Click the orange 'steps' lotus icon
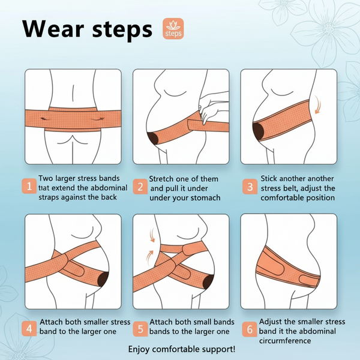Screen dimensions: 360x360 (x=173, y=29)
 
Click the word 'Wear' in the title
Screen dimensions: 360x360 (x=53, y=29)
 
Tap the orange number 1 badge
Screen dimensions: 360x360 (x=29, y=186)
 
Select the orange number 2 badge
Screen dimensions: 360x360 (x=140, y=187)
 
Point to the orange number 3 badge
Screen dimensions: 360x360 (x=250, y=187)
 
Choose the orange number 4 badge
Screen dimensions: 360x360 (x=29, y=329)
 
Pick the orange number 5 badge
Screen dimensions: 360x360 (x=140, y=329)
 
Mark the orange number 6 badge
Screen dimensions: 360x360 (x=250, y=329)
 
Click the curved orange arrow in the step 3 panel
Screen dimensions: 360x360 (x=318, y=105)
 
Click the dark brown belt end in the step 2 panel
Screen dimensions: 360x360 (x=152, y=138)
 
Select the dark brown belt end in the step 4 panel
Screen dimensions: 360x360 (x=103, y=279)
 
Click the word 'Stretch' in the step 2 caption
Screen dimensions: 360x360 (x=161, y=179)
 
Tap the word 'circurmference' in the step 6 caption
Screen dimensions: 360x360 (x=285, y=341)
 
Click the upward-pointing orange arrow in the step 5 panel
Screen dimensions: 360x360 (x=150, y=257)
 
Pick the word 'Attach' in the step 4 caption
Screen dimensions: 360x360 (x=52, y=322)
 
